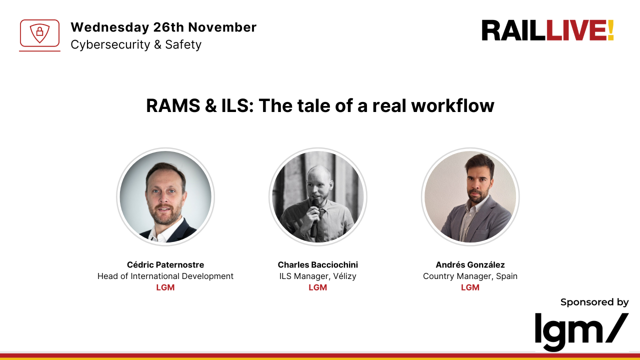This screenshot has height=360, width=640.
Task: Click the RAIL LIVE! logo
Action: point(547,30)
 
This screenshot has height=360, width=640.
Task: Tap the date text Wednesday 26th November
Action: point(163,27)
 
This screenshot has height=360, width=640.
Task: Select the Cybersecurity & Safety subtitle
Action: point(136,44)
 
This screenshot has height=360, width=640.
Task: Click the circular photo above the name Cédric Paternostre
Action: point(165,196)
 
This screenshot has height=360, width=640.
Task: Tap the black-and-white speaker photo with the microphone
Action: point(318,196)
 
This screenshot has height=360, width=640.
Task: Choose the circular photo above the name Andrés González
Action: point(470,196)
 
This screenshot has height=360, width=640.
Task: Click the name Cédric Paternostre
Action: point(165,264)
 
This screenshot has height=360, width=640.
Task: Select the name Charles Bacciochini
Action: point(318,264)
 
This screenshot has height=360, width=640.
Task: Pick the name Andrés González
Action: point(470,264)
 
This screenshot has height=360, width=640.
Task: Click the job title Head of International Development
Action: point(165,276)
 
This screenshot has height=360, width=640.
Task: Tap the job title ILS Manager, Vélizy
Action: point(318,276)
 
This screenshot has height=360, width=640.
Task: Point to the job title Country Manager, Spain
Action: point(470,276)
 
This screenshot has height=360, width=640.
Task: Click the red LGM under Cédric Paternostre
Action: point(165,287)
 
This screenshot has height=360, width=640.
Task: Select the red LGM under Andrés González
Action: point(470,287)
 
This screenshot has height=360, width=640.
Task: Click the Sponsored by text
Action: point(594,302)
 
